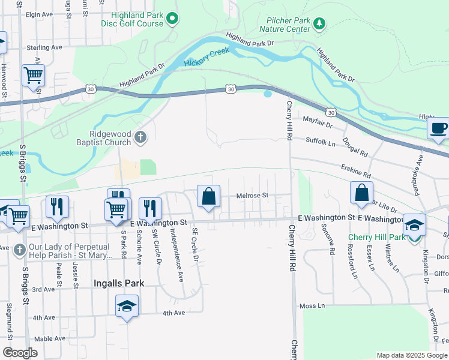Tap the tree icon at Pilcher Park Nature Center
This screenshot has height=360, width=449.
tap(320, 23)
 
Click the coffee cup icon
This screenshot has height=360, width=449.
tap(438, 128)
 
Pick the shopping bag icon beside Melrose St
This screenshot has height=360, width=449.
tap(208, 196)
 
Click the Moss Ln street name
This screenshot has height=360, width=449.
tap(312, 306)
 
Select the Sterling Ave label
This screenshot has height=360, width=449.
tap(44, 47)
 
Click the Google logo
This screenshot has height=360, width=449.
tap(20, 353)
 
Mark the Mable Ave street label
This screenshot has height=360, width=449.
tap(49, 338)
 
